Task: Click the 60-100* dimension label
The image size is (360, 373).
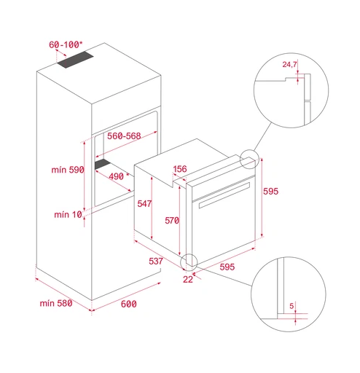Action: (66, 44)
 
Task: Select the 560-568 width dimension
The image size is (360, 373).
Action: (124, 136)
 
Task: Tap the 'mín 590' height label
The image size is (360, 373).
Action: (68, 170)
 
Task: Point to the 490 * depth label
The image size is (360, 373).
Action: (119, 176)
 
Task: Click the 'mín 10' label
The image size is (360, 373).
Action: (69, 215)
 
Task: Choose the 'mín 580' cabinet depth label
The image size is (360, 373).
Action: (56, 303)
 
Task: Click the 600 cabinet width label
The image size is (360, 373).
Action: (129, 304)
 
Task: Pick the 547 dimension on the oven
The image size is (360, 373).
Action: (144, 204)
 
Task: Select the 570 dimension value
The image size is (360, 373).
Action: (172, 221)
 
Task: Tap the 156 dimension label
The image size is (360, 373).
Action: (180, 169)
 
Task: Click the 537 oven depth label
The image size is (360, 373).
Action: (156, 262)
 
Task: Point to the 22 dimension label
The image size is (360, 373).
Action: (188, 280)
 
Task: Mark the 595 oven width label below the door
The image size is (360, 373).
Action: (227, 267)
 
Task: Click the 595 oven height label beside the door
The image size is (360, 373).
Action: (271, 192)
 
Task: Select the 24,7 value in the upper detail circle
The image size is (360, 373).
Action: (289, 64)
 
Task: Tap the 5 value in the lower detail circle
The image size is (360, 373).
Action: (291, 306)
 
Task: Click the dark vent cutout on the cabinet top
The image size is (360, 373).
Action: (75, 60)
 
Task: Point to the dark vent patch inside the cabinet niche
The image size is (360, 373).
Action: (103, 165)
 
